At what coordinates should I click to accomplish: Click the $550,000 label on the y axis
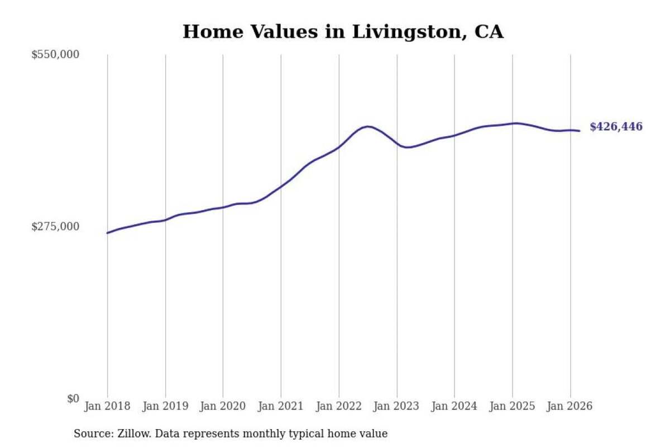point(55,55)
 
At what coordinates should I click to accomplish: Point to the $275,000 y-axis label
point(55,227)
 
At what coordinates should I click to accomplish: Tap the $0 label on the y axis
point(73,399)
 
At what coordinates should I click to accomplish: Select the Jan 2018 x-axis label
point(107,406)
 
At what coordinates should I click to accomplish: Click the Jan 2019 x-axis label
point(165,406)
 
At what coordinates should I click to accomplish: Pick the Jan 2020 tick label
point(223,406)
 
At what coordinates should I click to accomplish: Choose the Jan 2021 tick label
point(281,406)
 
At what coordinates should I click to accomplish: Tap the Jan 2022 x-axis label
point(339,406)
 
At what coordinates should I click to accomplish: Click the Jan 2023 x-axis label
point(396,406)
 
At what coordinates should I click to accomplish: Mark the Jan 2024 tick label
point(454,406)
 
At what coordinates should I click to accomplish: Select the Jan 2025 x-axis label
point(512,406)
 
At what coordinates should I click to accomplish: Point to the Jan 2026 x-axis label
point(570,406)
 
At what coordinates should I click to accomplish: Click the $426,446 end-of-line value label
point(616,127)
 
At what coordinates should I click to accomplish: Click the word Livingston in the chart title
point(409,32)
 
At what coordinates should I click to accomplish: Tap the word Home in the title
point(213,32)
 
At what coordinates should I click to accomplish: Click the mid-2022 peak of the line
point(368,127)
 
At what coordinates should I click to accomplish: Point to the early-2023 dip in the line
point(408,148)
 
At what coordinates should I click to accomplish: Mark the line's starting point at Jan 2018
point(107,233)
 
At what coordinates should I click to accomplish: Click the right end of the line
point(580,131)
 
